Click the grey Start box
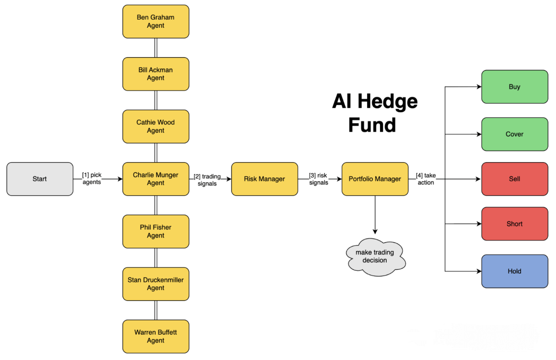40,179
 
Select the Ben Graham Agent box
155,22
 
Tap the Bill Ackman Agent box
155,74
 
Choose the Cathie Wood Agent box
155,127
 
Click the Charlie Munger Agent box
155,179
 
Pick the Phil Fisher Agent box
155,231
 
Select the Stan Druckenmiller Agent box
155,284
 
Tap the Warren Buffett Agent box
155,336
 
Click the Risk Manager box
265,179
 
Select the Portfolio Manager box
375,179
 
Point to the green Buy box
514,87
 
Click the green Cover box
514,134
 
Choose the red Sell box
514,179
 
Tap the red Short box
514,224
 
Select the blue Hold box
514,271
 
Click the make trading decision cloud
375,256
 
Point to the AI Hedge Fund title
374,113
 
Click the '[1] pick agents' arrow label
92,178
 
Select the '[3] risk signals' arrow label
319,179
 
